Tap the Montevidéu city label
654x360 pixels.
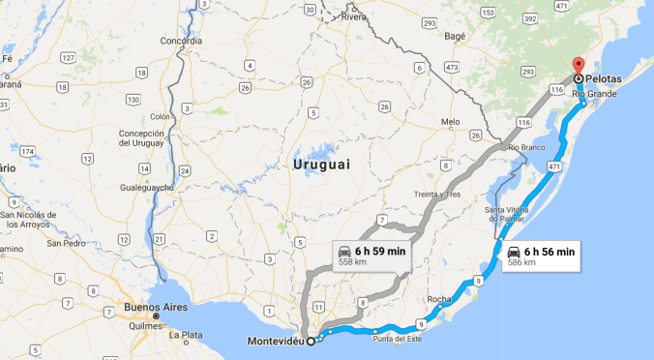(x=275, y=341)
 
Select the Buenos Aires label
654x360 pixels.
(x=128, y=307)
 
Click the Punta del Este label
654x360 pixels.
(x=397, y=337)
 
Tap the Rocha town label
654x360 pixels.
(x=438, y=299)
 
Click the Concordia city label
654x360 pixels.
(x=181, y=42)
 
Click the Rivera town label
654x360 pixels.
(x=355, y=17)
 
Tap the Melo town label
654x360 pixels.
(x=450, y=122)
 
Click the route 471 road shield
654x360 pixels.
(x=553, y=167)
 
